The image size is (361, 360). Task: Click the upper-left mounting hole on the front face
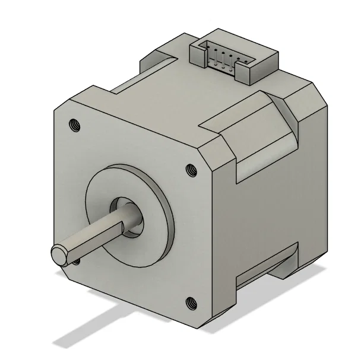point(75,125)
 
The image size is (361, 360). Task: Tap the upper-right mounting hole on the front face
point(191,169)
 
